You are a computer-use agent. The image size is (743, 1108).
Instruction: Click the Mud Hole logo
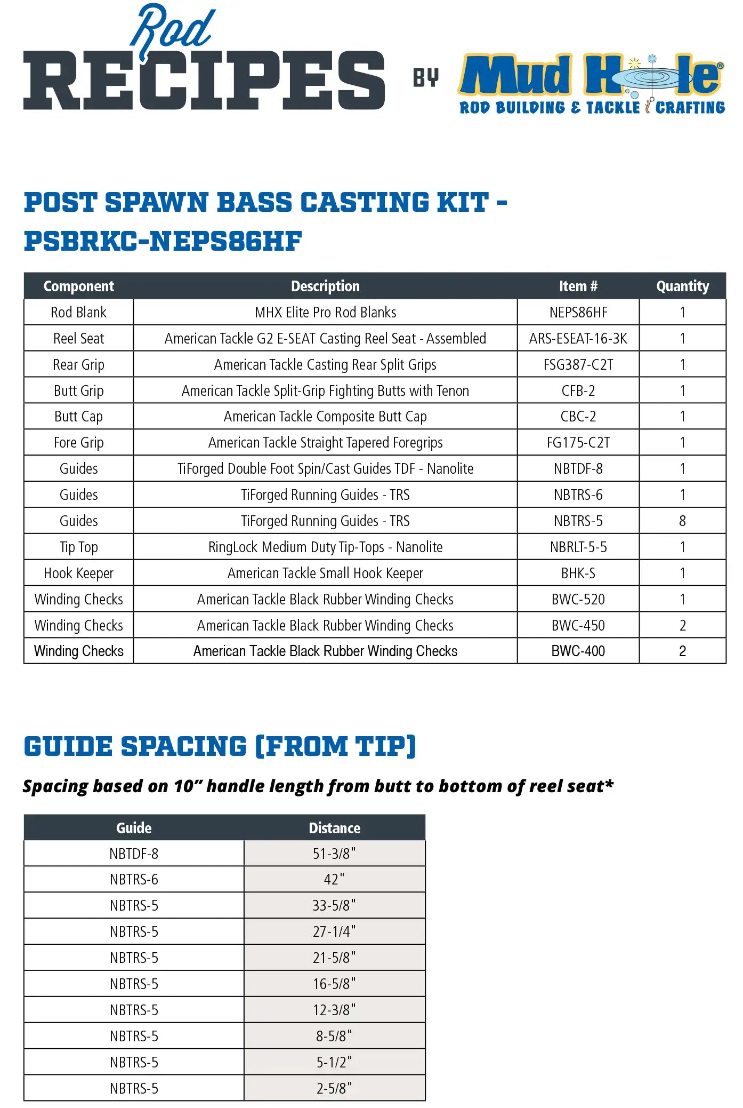pyautogui.click(x=591, y=84)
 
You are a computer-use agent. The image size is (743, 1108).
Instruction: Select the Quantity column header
pyautogui.click(x=682, y=286)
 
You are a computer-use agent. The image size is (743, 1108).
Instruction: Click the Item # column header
pyautogui.click(x=578, y=286)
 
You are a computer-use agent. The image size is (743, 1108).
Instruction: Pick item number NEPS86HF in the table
pyautogui.click(x=578, y=313)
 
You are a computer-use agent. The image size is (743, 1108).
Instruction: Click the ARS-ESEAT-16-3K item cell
pyautogui.click(x=578, y=339)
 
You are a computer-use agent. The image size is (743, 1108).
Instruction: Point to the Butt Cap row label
pyautogui.click(x=78, y=417)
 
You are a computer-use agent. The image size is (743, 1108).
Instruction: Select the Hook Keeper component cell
pyautogui.click(x=78, y=573)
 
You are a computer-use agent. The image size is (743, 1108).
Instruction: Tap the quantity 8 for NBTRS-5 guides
pyautogui.click(x=682, y=521)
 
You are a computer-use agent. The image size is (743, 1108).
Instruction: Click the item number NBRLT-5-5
pyautogui.click(x=578, y=547)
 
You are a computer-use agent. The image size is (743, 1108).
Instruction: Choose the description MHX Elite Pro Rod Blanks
pyautogui.click(x=325, y=313)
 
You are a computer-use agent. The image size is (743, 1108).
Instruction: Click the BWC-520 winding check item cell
pyautogui.click(x=578, y=600)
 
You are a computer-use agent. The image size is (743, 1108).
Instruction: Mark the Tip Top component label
pyautogui.click(x=78, y=547)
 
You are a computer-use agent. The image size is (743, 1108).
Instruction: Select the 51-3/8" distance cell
pyautogui.click(x=334, y=854)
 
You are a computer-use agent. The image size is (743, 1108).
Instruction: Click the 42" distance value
pyautogui.click(x=334, y=880)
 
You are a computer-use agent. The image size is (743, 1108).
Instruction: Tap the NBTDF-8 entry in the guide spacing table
pyautogui.click(x=134, y=854)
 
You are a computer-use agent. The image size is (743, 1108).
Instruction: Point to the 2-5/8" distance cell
pyautogui.click(x=334, y=1088)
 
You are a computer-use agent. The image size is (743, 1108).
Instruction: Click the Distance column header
pyautogui.click(x=334, y=828)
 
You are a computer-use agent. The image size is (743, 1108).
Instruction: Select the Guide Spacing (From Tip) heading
pyautogui.click(x=220, y=746)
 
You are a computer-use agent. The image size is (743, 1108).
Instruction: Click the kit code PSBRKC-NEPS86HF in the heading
pyautogui.click(x=163, y=241)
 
